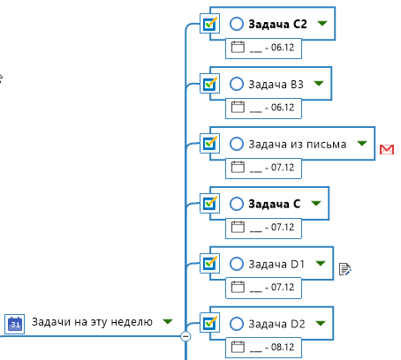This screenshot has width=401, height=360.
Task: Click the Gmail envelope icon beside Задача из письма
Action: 387,149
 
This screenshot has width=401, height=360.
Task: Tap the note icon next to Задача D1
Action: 344,269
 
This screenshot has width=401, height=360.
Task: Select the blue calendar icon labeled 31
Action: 15,324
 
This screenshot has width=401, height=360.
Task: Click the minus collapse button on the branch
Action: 185,336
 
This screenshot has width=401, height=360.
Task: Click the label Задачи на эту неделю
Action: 92,322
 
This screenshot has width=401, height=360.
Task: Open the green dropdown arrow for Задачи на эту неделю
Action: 168,321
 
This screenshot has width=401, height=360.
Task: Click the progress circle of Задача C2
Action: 237,24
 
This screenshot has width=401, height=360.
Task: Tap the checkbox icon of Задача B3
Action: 209,84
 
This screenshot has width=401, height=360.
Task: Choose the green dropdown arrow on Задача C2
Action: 322,23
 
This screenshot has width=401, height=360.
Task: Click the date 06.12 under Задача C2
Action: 283,48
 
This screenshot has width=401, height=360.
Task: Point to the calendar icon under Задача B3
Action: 238,107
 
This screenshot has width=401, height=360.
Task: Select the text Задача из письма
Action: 298,144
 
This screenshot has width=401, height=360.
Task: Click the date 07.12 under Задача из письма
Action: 283,168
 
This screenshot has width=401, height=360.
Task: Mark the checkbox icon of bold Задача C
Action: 209,203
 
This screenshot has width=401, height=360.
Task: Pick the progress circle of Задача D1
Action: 237,264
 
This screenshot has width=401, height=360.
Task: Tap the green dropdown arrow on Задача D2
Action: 321,324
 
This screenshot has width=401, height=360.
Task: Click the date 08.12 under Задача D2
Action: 283,347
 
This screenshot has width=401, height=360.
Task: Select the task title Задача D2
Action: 276,324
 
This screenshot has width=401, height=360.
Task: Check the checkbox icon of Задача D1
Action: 209,263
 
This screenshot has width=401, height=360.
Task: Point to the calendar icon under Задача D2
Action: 238,347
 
